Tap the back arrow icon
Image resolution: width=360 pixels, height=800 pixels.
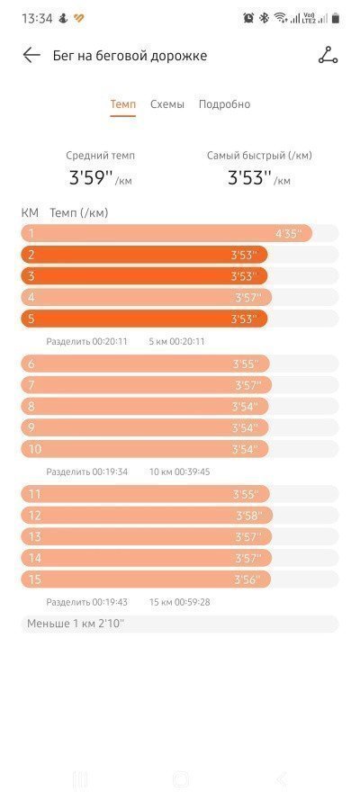coord(31,55)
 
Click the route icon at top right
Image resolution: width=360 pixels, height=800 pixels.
coord(328,55)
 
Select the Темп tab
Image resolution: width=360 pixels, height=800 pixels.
coord(123,104)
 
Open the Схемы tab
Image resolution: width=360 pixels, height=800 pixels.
coord(167,104)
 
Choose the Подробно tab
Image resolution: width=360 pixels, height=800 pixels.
coord(224,104)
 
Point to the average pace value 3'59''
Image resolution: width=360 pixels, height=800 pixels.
coord(90,178)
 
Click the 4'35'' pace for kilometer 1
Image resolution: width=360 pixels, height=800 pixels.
coord(289,234)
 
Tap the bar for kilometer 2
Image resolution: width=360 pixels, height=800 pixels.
coord(144,255)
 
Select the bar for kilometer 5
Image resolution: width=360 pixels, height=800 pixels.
coord(144,319)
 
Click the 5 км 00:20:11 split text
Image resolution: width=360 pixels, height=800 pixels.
coord(176,341)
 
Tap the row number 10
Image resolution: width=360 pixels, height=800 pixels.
coord(35,449)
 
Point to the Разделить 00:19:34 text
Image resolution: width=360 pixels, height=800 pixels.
coord(86,472)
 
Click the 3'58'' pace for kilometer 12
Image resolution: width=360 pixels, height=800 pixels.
coord(248,516)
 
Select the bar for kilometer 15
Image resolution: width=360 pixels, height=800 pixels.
coord(146,580)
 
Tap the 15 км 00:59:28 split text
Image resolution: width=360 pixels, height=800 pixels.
coord(179,602)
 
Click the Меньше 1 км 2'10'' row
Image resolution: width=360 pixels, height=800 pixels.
coord(179,624)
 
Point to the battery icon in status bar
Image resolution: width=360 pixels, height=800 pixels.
coord(335,18)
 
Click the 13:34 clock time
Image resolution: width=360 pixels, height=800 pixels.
coord(37,19)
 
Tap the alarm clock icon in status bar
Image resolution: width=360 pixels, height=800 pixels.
coord(248,18)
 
